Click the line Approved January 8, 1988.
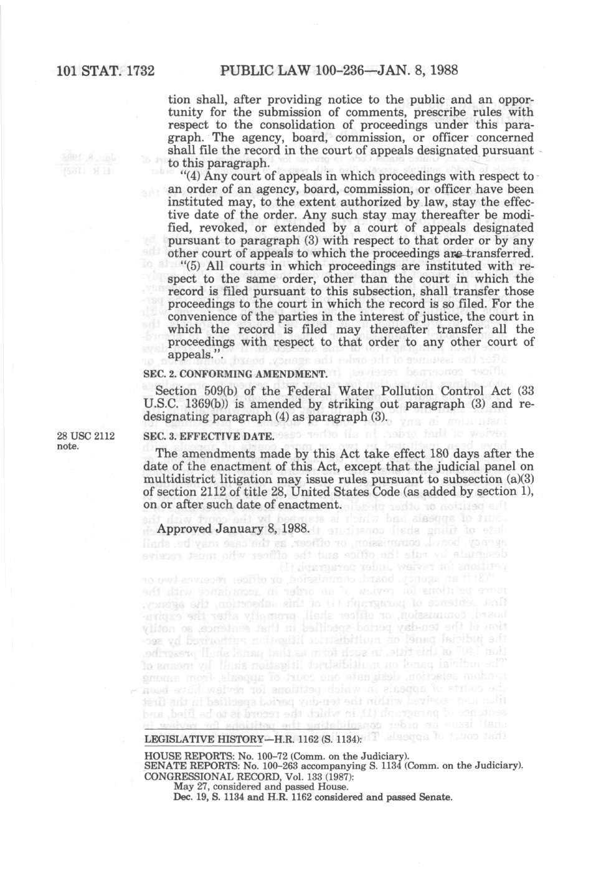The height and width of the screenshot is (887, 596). click(x=234, y=528)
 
